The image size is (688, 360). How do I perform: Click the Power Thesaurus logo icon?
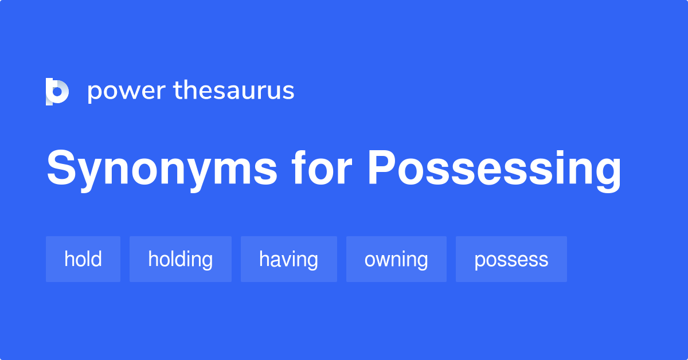pos(57,92)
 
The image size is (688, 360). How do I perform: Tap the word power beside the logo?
pos(126,92)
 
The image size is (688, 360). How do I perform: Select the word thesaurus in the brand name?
pos(234,91)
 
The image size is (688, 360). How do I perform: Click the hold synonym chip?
pos(83,259)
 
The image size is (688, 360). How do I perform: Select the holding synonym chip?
pos(181,259)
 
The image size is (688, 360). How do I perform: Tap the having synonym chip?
pos(288,259)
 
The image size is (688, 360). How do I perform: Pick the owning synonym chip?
pos(396,259)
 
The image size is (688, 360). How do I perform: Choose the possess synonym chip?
pos(511,259)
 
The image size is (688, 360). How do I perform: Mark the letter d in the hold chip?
pos(97,259)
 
